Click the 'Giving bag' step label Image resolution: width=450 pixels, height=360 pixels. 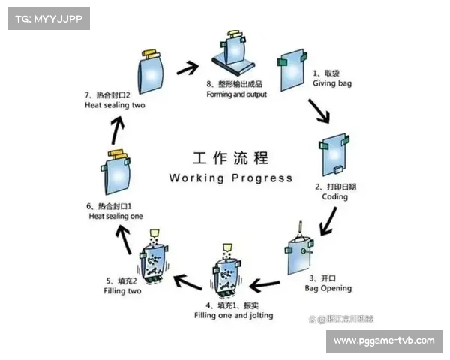(331, 83)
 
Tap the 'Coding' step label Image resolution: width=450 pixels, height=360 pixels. (335, 197)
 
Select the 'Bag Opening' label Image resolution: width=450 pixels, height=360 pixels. (328, 288)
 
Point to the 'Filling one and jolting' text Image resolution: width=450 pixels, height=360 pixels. (233, 315)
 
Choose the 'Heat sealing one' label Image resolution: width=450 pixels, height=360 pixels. (115, 215)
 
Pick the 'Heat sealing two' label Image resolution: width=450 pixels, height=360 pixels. (114, 105)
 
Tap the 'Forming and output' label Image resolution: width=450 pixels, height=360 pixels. (236, 94)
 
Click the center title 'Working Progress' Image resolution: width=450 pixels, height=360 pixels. (231, 178)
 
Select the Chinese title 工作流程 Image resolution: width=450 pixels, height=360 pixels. (231, 159)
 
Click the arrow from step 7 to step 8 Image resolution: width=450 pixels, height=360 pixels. (187, 70)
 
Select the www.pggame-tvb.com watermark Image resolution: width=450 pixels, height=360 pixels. (384, 340)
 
